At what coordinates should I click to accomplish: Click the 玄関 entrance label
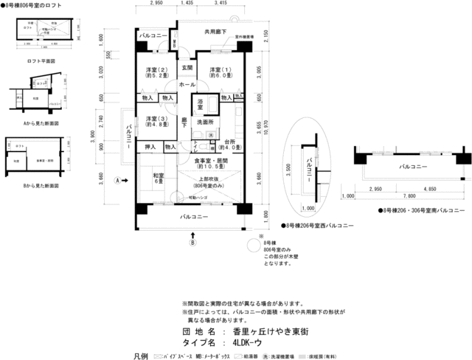tap(187, 68)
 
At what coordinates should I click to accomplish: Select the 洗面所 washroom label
tap(204, 122)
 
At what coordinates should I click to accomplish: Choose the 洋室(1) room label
tap(220, 72)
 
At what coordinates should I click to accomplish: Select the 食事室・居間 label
tap(211, 163)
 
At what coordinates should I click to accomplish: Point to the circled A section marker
tap(117, 180)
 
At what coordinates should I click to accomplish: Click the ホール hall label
tap(187, 85)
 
